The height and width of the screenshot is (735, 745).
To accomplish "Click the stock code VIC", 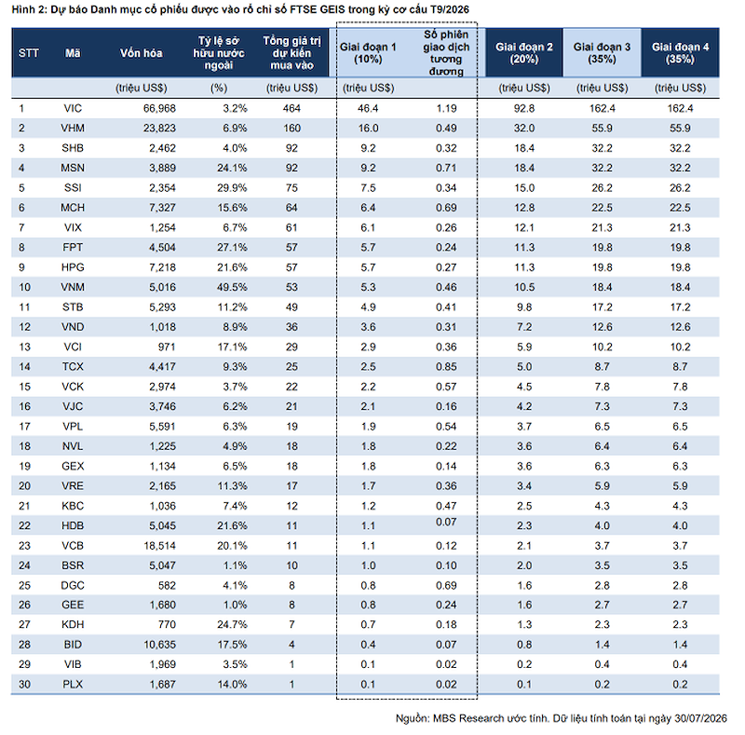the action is click(73, 108).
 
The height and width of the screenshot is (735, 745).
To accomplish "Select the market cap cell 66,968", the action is click(159, 108).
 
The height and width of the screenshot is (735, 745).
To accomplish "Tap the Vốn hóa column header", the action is click(142, 53).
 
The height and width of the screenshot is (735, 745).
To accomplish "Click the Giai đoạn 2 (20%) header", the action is click(524, 53).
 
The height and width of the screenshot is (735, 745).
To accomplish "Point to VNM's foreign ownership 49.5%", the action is click(232, 287).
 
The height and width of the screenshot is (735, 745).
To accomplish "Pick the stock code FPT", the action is click(73, 247).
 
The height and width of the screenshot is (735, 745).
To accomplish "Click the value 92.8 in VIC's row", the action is click(524, 108).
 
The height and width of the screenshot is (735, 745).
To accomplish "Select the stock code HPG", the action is click(73, 267).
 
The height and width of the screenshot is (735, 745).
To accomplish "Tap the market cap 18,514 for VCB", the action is click(159, 546).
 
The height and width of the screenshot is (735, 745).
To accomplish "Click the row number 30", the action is click(25, 684).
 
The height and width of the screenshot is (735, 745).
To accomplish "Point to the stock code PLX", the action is click(73, 684).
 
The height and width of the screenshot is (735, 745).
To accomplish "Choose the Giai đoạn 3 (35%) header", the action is click(602, 53).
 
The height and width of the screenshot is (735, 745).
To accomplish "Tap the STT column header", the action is click(29, 53).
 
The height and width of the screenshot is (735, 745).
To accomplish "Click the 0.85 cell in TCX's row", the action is click(446, 366).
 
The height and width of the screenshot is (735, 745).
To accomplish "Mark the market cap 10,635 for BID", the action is click(159, 645).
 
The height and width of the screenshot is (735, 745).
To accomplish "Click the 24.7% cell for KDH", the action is click(232, 624).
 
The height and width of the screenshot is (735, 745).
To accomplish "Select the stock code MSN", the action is click(73, 168).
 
